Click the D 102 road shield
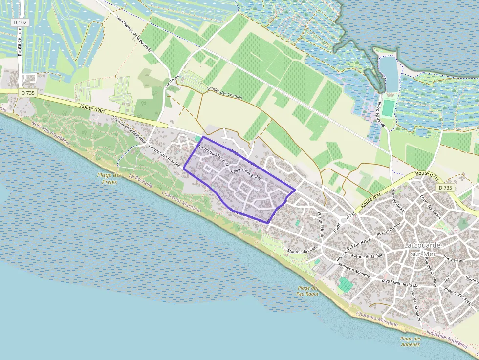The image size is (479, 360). point(20,22)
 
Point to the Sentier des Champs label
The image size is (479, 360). point(225,90)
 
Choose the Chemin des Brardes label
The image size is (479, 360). point(164,156)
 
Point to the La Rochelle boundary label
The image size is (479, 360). point(141,182)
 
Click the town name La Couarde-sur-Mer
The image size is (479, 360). point(423,249)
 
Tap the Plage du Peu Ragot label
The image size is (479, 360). point(308,291)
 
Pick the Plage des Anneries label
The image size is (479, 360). point(410,341)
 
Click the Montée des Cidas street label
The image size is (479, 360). point(304,251)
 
